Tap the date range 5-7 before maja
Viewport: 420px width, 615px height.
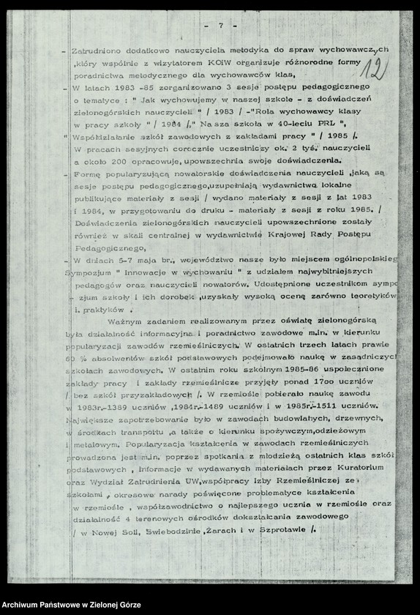(124, 258)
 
